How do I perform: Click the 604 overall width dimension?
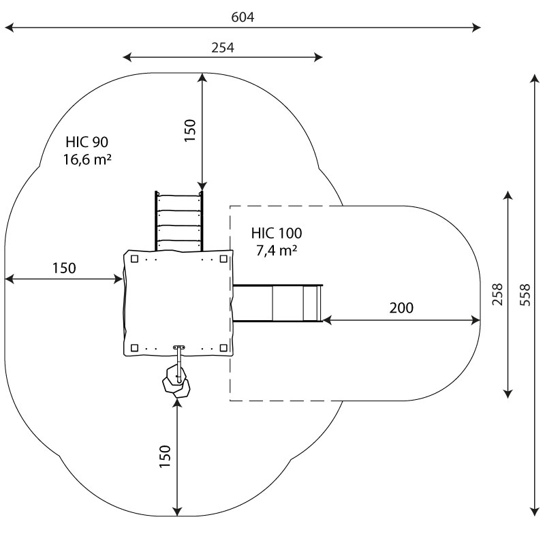[243, 17]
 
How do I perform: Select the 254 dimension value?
[223, 47]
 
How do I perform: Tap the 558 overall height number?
[524, 294]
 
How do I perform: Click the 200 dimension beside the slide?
[401, 308]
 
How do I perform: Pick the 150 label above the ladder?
[190, 129]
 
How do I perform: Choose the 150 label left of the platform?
[64, 268]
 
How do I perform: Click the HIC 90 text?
[87, 142]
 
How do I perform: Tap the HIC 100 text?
[276, 233]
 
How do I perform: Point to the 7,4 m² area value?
[276, 251]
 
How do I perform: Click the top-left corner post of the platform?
[135, 259]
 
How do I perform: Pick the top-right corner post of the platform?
[223, 259]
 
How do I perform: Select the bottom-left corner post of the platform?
[135, 348]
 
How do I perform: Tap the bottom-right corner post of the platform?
[223, 348]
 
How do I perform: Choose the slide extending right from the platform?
[277, 303]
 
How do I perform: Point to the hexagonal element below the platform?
[177, 384]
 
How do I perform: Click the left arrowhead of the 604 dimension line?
[8, 28]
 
